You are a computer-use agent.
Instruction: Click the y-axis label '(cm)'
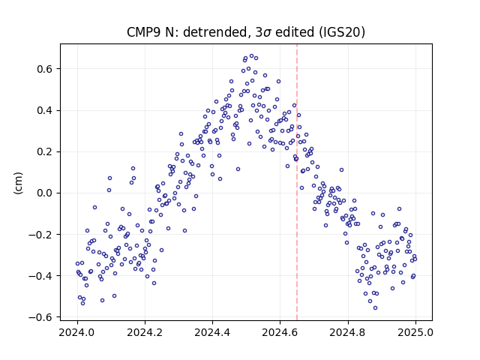pos(18,183)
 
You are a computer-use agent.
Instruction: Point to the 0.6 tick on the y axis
pos(44,69)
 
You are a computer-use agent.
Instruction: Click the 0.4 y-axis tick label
pos(44,110)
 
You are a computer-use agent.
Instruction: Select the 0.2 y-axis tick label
pos(44,151)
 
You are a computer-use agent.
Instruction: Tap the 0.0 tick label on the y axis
pos(44,193)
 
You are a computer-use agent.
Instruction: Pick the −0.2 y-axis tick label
pos(40,235)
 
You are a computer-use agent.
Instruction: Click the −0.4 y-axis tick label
pos(40,276)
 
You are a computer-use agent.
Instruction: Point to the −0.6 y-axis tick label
pos(40,317)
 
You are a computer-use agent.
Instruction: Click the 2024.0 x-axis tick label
pos(77,332)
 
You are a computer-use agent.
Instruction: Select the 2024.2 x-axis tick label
pos(145,332)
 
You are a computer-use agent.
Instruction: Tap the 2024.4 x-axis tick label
pos(212,332)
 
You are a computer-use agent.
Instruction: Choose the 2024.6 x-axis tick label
pos(280,332)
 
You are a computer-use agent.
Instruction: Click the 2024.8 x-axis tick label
pos(348,332)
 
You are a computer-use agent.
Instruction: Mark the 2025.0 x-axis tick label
pos(415,332)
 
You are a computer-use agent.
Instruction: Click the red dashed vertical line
pos(297,182)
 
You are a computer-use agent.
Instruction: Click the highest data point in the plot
pos(252,56)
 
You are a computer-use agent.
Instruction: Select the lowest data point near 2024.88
pos(375,307)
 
